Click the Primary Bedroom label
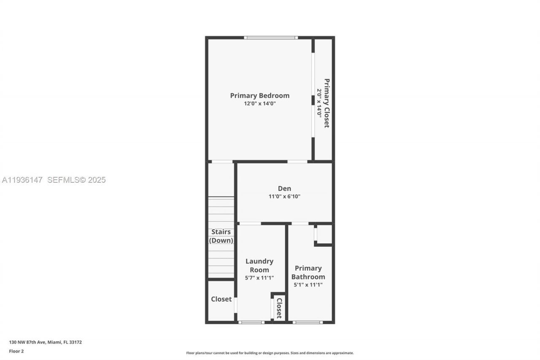(259, 96)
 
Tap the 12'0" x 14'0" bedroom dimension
(259, 103)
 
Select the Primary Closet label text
(327, 103)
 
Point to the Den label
(284, 189)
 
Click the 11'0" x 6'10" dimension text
(284, 196)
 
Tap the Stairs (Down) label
(221, 236)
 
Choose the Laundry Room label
(259, 265)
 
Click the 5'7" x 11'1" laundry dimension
(259, 278)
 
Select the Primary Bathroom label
(308, 272)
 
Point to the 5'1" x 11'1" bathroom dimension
(308, 285)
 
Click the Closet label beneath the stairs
(221, 299)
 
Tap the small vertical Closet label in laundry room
(279, 308)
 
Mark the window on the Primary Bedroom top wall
(271, 38)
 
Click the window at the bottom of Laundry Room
(251, 322)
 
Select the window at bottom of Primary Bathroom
(308, 322)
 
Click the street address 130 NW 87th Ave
(46, 342)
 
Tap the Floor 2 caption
(16, 351)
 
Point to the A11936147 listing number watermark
(22, 180)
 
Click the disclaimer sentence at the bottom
(270, 353)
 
